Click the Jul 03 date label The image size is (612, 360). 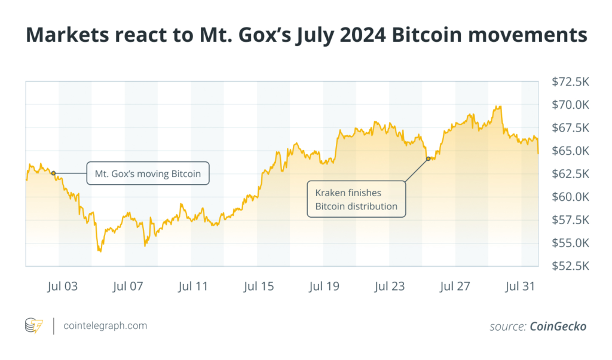(x=62, y=286)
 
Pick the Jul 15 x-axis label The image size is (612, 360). (x=259, y=286)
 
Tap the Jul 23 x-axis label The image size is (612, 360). (x=390, y=286)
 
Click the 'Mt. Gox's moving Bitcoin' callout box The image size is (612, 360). (x=148, y=173)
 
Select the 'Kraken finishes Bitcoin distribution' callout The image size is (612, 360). (x=356, y=199)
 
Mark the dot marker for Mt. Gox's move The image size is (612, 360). (x=53, y=173)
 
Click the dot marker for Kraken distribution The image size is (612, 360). (x=428, y=158)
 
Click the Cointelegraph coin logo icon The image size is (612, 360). (x=33, y=326)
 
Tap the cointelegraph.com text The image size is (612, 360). (x=105, y=326)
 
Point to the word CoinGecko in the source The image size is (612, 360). (x=558, y=327)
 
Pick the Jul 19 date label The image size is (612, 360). (x=324, y=286)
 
